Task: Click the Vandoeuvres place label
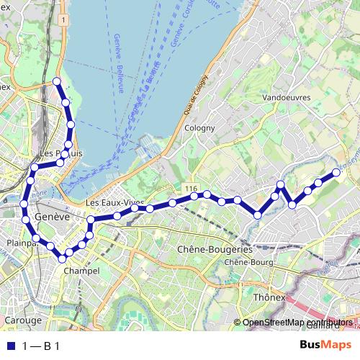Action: pyautogui.click(x=286, y=96)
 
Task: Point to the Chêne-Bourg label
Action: pyautogui.click(x=249, y=263)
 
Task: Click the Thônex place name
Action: pyautogui.click(x=265, y=296)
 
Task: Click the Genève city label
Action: pyautogui.click(x=52, y=216)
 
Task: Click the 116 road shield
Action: pyautogui.click(x=190, y=188)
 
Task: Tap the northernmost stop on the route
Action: pyautogui.click(x=57, y=80)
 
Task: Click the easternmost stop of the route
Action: pyautogui.click(x=336, y=173)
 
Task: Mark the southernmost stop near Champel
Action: pyautogui.click(x=63, y=258)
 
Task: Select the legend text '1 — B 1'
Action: pyautogui.click(x=40, y=346)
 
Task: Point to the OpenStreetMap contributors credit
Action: pyautogui.click(x=295, y=323)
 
